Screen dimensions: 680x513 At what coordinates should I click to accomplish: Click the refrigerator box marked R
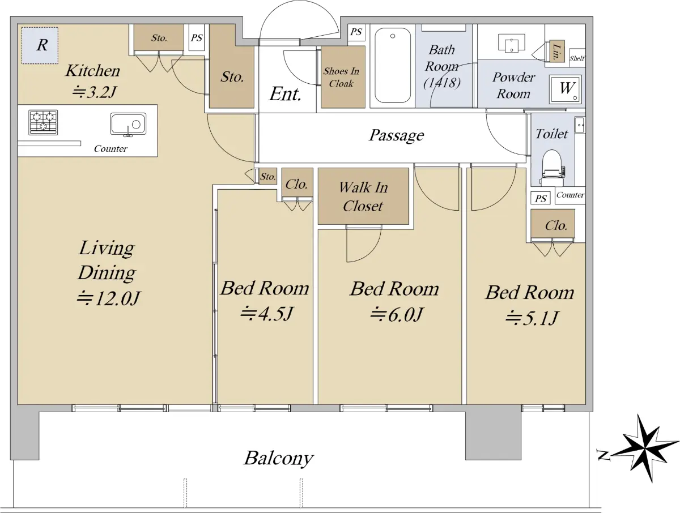(x=40, y=45)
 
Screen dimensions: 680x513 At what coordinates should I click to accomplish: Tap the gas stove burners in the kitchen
(x=43, y=122)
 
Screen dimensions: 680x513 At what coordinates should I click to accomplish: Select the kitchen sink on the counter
(x=128, y=125)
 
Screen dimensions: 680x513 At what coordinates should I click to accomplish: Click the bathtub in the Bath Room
(x=393, y=65)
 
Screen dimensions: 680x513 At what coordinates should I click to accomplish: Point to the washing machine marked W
(x=566, y=89)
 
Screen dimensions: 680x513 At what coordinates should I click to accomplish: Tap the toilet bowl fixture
(x=552, y=168)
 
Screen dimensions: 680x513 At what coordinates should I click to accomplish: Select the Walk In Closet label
(x=363, y=196)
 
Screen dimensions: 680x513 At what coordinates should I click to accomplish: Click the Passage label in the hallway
(x=396, y=135)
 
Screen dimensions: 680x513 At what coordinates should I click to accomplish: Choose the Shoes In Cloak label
(x=341, y=77)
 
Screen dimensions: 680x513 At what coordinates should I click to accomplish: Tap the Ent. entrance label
(x=285, y=94)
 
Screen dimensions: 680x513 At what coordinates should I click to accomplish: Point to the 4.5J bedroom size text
(x=266, y=314)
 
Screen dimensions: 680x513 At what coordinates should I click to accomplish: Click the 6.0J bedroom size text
(x=396, y=315)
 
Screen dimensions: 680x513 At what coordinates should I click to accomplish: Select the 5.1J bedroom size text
(x=532, y=318)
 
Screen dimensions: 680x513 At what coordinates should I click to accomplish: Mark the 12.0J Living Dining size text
(x=109, y=298)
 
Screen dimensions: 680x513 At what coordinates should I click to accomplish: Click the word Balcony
(x=279, y=459)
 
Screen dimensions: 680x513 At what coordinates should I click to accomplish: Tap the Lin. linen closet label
(x=556, y=52)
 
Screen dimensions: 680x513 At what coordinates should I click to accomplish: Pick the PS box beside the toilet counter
(x=541, y=198)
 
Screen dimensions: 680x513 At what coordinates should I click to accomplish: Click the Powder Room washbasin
(x=512, y=42)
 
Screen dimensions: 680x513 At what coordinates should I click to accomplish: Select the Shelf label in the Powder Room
(x=577, y=58)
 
